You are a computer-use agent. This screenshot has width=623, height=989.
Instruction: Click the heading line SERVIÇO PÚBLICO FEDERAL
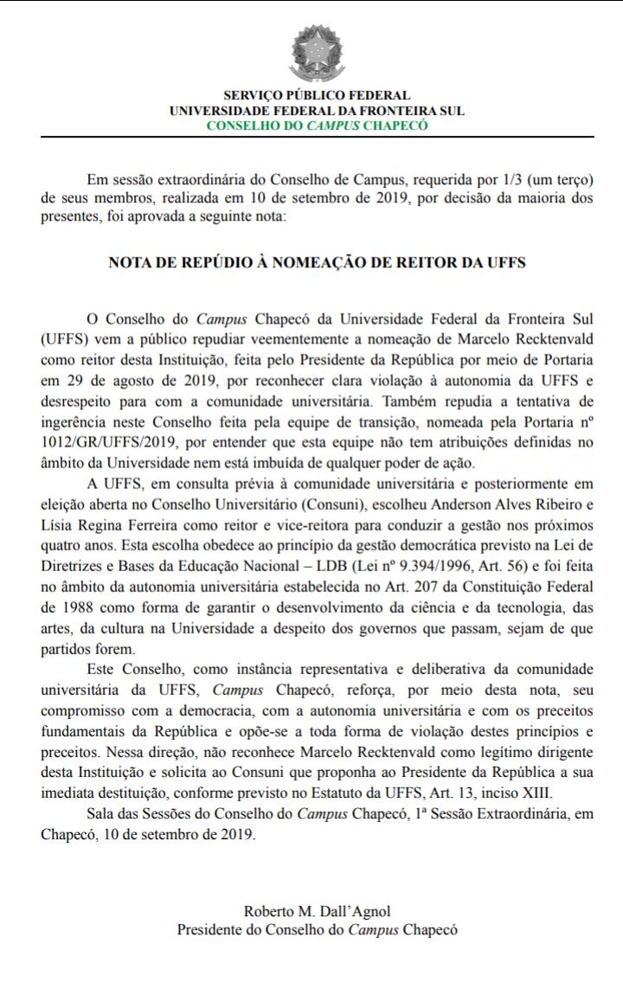[x=317, y=96]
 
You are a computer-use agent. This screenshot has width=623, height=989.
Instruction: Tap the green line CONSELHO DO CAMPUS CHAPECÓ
[x=317, y=125]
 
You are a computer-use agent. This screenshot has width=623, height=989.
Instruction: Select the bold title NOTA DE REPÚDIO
[x=317, y=261]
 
